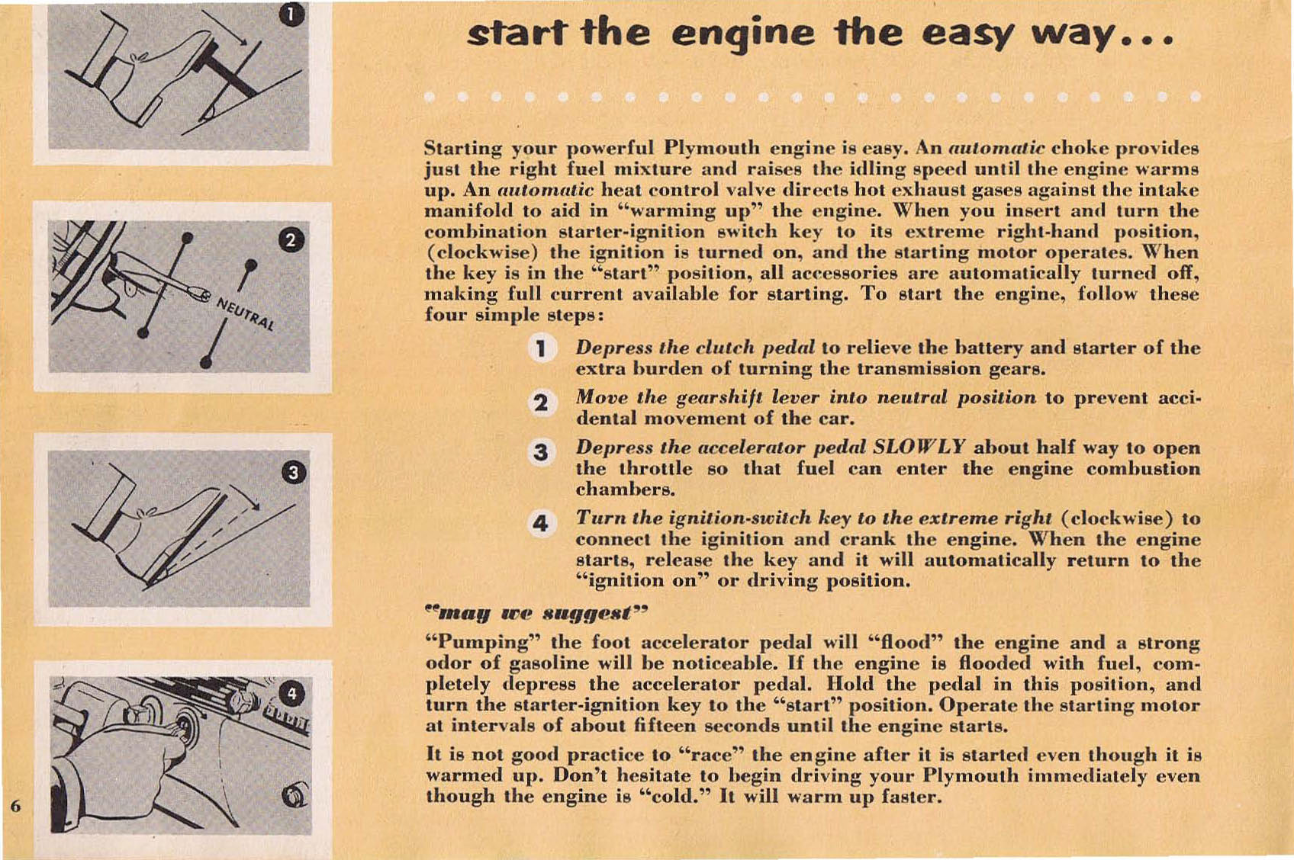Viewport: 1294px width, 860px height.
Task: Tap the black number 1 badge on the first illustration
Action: click(x=292, y=14)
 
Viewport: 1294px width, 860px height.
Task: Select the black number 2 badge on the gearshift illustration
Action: click(x=291, y=241)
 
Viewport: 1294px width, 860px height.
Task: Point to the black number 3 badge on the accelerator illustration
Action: click(x=294, y=473)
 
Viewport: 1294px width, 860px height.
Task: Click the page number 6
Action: click(x=15, y=806)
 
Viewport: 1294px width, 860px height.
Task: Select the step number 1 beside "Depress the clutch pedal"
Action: click(x=540, y=349)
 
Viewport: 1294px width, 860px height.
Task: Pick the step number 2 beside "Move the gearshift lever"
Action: click(x=540, y=401)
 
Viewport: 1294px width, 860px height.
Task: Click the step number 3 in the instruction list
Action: click(x=540, y=452)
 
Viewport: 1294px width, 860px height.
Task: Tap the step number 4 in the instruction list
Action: click(x=540, y=523)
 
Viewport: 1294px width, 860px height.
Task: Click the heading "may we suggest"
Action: click(x=536, y=612)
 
